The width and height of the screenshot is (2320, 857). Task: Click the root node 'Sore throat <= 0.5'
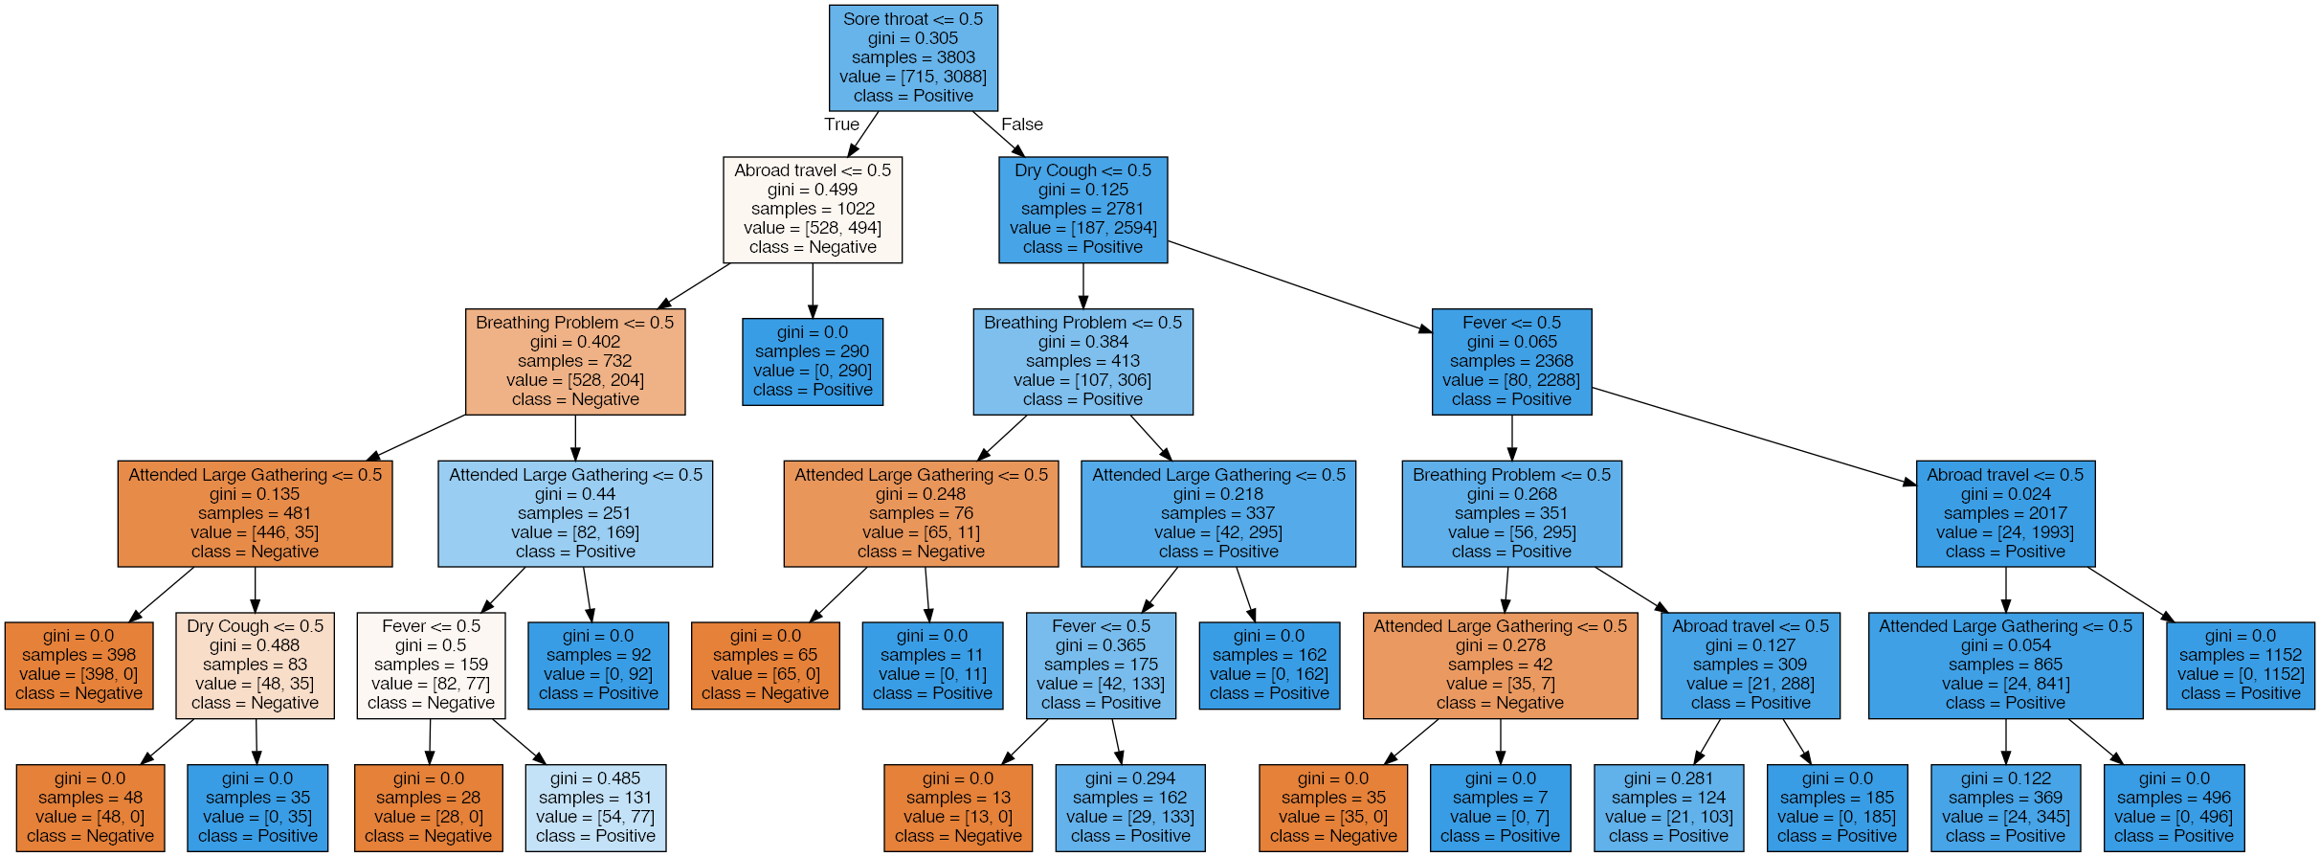pyautogui.click(x=913, y=57)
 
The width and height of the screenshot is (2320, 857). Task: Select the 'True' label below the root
pyautogui.click(x=841, y=124)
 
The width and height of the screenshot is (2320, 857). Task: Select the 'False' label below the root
pyautogui.click(x=1021, y=124)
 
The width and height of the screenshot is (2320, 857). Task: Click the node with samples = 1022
pyautogui.click(x=812, y=209)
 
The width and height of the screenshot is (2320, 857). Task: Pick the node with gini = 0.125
pyautogui.click(x=1082, y=209)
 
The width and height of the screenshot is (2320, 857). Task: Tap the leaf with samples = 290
pyautogui.click(x=812, y=361)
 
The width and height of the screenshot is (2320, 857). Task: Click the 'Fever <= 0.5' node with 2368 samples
pyautogui.click(x=1511, y=361)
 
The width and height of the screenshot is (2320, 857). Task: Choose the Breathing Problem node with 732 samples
pyautogui.click(x=574, y=361)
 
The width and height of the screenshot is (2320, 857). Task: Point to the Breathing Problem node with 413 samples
pyautogui.click(x=1082, y=361)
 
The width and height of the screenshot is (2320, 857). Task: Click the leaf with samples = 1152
pyautogui.click(x=2240, y=665)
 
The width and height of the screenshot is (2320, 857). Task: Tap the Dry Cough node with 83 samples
pyautogui.click(x=255, y=665)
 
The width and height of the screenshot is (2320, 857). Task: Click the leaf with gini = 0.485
pyautogui.click(x=595, y=807)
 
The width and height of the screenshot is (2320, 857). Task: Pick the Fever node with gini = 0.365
pyautogui.click(x=1101, y=665)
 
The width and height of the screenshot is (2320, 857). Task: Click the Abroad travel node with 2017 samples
pyautogui.click(x=2005, y=513)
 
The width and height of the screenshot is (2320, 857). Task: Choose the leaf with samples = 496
pyautogui.click(x=2174, y=807)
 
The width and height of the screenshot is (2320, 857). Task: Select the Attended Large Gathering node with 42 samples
pyautogui.click(x=1500, y=665)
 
